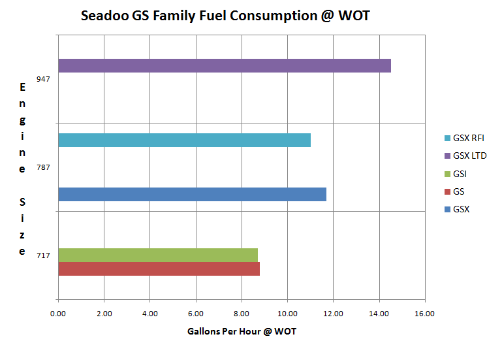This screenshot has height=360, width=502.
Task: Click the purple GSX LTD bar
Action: pyautogui.click(x=224, y=65)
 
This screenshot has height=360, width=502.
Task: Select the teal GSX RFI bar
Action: pyautogui.click(x=184, y=140)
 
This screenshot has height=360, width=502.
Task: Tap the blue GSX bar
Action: pyautogui.click(x=192, y=194)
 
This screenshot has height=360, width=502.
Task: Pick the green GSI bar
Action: pyautogui.click(x=157, y=255)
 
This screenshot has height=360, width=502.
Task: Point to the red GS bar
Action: pyautogui.click(x=159, y=269)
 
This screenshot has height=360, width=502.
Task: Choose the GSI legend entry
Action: pyautogui.click(x=461, y=174)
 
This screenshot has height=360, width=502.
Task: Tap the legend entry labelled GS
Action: pyautogui.click(x=459, y=191)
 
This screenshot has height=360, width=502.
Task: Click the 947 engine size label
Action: pyautogui.click(x=44, y=78)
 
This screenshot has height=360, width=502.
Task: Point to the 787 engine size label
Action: pyautogui.click(x=44, y=168)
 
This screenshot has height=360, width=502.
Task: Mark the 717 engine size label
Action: pyautogui.click(x=44, y=255)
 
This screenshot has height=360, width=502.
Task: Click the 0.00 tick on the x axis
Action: pyautogui.click(x=58, y=314)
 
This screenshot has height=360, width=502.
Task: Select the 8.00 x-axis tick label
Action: pyautogui.click(x=242, y=314)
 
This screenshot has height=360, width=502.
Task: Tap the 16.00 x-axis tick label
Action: pyautogui.click(x=425, y=314)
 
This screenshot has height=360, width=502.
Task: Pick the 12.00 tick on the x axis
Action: pyautogui.click(x=333, y=314)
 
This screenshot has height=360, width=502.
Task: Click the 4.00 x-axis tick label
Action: pyautogui.click(x=150, y=314)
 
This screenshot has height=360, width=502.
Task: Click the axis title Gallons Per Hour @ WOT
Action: pyautogui.click(x=242, y=332)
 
